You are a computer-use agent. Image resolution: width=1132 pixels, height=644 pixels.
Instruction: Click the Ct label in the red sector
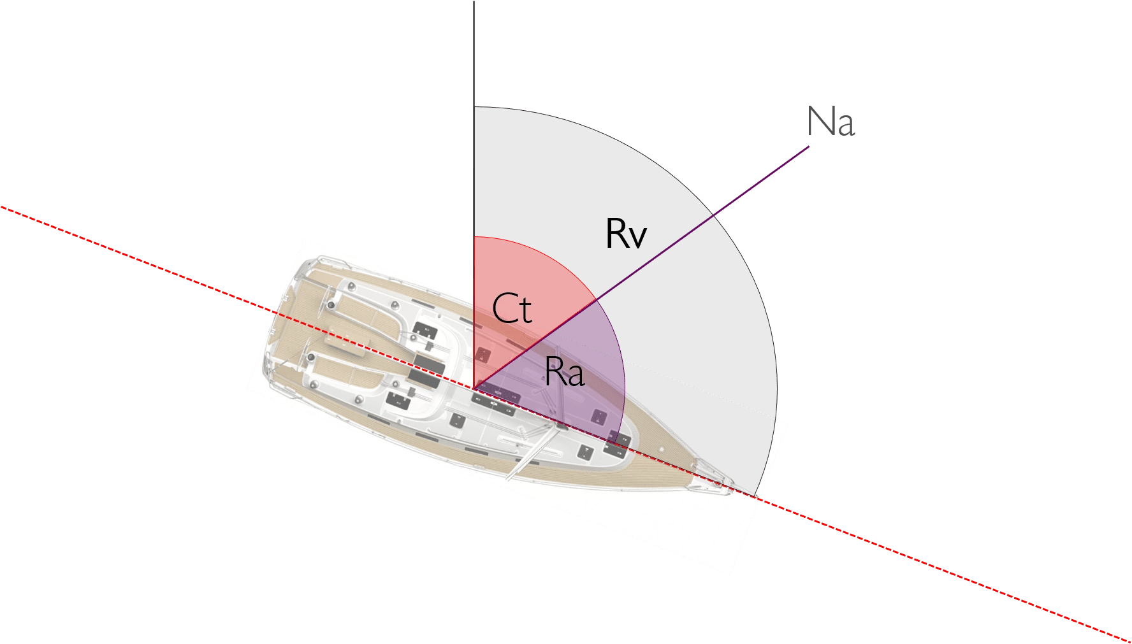tap(512, 309)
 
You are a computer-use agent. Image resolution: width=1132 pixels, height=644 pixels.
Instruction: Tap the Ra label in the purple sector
tap(565, 372)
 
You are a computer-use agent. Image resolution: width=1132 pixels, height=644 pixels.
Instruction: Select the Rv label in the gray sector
tap(626, 233)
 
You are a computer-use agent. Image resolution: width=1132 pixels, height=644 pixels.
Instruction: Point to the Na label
tap(831, 121)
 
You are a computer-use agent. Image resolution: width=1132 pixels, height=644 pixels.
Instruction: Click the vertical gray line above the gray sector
tap(474, 54)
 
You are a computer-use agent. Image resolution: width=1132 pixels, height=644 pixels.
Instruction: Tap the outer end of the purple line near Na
tap(809, 147)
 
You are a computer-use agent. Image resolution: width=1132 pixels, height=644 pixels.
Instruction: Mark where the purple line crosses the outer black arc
tap(713, 216)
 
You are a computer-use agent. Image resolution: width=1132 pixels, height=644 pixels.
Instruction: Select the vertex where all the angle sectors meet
tap(474, 387)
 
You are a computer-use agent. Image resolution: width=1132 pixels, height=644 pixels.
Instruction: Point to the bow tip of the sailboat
tap(733, 490)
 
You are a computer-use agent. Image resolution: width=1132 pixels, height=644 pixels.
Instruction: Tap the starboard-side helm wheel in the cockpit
tap(310, 357)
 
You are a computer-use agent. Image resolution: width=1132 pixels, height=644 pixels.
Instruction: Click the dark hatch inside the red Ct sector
tap(483, 355)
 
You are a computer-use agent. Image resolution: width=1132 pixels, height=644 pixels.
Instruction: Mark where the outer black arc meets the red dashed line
tap(756, 496)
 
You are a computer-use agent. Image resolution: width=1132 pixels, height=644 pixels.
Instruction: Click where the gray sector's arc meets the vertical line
tap(474, 107)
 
